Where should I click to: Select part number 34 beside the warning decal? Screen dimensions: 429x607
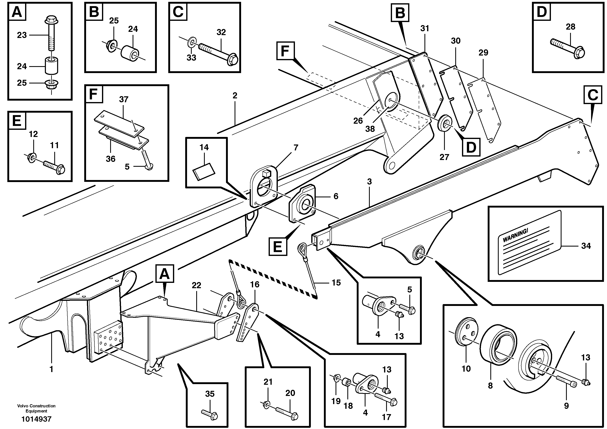coord(586,246)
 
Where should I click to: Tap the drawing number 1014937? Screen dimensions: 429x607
coord(36,419)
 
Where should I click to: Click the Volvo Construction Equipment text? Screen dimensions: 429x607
coord(36,408)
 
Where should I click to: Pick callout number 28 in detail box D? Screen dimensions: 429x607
coord(570,27)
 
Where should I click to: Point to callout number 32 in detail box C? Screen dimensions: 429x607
coord(221,32)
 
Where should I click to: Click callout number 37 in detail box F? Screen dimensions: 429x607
coord(123,99)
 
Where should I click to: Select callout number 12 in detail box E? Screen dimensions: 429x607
coord(33,134)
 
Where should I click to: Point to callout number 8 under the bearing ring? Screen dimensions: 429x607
coord(490,386)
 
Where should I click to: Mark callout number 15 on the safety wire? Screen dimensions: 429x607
coord(336,283)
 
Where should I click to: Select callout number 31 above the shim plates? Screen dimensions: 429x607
coord(425,28)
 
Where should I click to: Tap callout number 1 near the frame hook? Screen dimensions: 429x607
coord(51,369)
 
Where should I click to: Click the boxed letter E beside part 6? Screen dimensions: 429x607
coord(278,247)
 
